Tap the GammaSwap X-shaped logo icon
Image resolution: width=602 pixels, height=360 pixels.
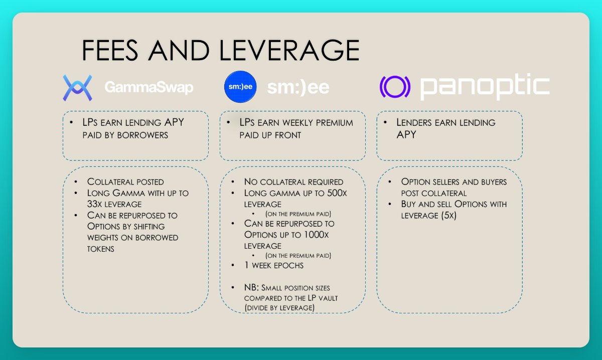77,87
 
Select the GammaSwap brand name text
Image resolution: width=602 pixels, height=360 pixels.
149,88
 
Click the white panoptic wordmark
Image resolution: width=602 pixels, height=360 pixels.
485,87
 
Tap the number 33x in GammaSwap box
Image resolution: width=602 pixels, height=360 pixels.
98,204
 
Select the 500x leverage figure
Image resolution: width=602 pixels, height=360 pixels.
334,193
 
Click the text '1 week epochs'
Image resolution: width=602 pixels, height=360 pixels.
274,265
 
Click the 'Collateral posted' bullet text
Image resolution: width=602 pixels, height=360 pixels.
125,182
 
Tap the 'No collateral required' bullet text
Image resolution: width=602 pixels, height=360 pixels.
293,182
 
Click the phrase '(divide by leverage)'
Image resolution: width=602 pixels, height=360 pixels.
279,307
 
